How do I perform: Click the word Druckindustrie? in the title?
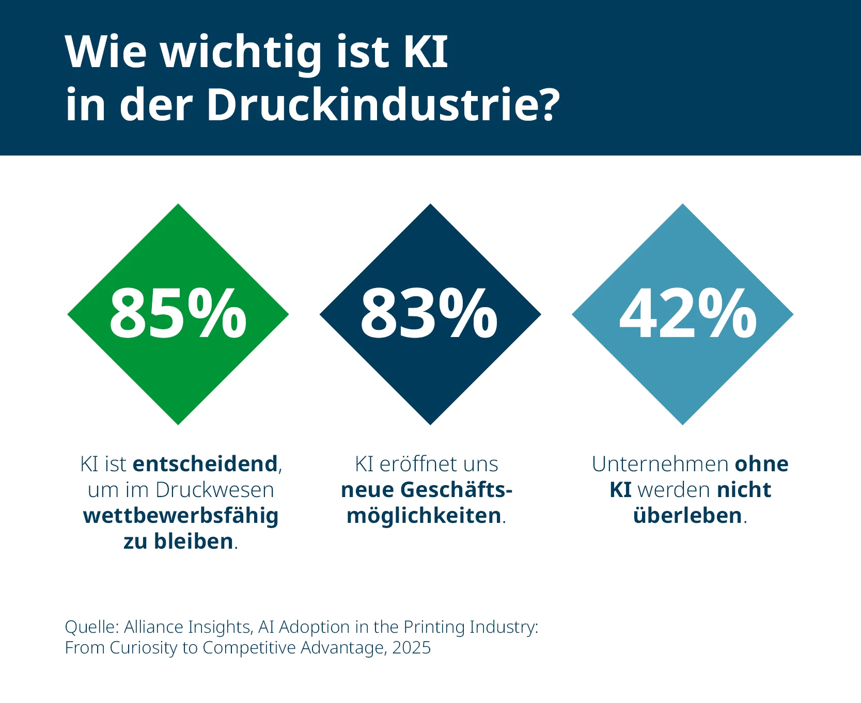[x=383, y=105]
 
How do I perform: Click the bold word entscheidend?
[x=206, y=464]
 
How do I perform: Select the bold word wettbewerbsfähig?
[x=181, y=516]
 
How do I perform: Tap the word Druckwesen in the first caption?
[x=215, y=490]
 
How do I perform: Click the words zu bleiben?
[x=178, y=541]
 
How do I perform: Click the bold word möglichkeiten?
[x=424, y=516]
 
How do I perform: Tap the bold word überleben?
[x=687, y=516]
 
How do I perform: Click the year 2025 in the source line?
[x=411, y=648]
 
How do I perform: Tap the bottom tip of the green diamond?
[x=178, y=423]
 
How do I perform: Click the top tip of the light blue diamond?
[x=683, y=206]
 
